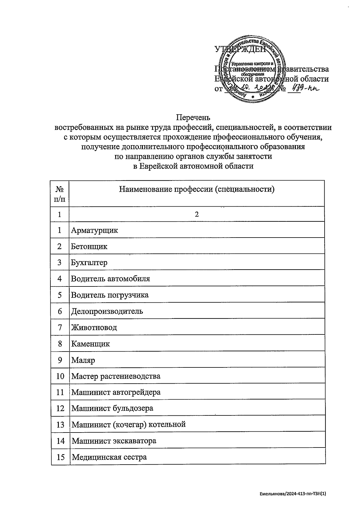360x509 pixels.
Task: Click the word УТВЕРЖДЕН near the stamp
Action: click(240, 49)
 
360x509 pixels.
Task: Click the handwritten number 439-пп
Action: click(303, 89)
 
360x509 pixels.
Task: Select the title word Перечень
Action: click(193, 117)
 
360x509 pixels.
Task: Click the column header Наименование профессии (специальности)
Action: click(197, 190)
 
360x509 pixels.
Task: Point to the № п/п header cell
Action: click(60, 194)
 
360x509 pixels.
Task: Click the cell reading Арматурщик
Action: click(94, 230)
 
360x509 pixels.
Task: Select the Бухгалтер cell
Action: click(89, 263)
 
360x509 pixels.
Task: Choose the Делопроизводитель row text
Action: click(107, 311)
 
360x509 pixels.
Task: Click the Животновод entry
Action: click(94, 328)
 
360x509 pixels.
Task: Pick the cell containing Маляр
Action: click(83, 360)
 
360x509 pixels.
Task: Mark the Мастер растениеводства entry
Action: click(116, 376)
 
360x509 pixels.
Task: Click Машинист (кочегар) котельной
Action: click(129, 425)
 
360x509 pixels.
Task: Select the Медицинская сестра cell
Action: click(109, 457)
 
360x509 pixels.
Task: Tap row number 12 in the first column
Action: click(60, 409)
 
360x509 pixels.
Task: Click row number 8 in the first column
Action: click(60, 344)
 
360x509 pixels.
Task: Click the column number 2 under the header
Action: click(197, 214)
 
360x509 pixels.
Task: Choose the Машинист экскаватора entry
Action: click(114, 441)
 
